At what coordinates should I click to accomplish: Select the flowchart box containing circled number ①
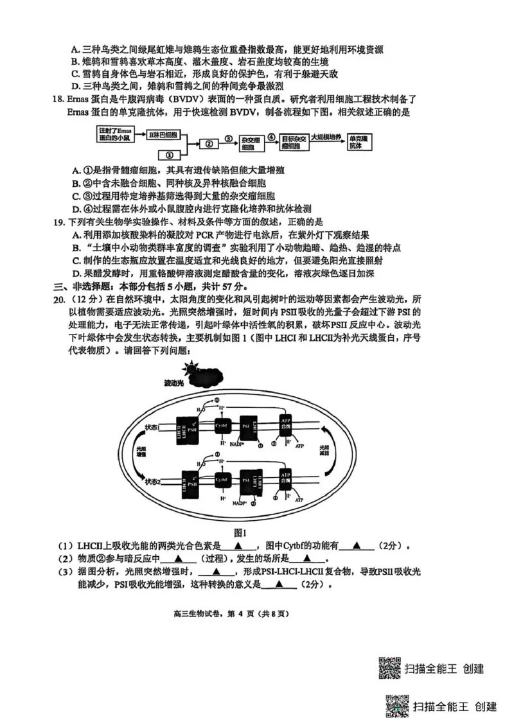click(168, 155)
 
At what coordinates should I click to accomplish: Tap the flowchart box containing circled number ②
click(208, 144)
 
